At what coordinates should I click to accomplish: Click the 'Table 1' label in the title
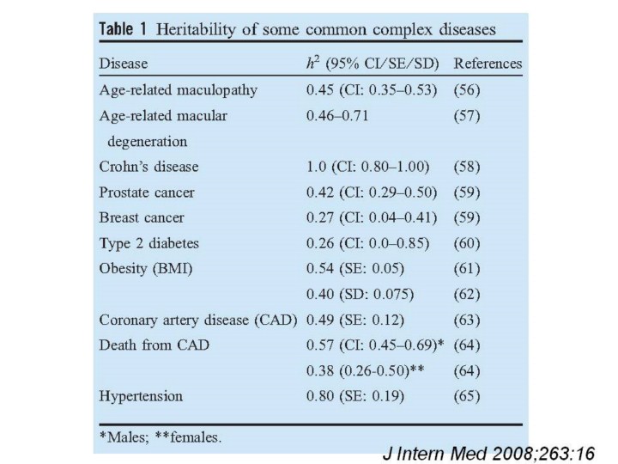124,29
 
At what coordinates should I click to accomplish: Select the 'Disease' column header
124,64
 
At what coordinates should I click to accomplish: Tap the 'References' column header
487,64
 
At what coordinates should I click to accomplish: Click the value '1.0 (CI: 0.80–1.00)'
368,164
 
